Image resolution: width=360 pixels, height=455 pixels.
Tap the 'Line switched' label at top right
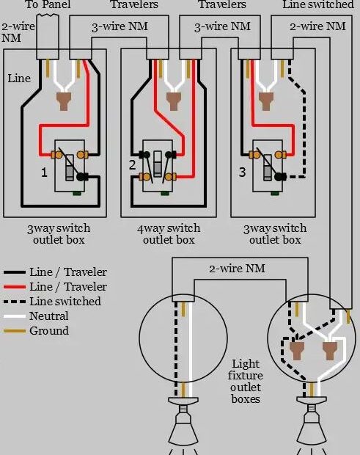pyautogui.click(x=317, y=5)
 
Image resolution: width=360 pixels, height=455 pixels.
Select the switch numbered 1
pyautogui.click(x=70, y=165)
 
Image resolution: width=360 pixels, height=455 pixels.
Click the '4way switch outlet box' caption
pyautogui.click(x=168, y=234)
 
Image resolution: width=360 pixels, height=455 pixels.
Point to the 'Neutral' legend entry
pyautogui.click(x=49, y=316)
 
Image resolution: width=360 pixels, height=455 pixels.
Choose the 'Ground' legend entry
pyautogui.click(x=49, y=331)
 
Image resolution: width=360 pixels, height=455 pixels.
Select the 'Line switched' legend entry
pyautogui.click(x=65, y=302)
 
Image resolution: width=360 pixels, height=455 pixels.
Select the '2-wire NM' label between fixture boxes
pyautogui.click(x=237, y=269)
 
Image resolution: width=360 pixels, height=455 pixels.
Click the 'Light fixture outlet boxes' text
pyautogui.click(x=245, y=382)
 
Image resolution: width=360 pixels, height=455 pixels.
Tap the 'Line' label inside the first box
pyautogui.click(x=20, y=78)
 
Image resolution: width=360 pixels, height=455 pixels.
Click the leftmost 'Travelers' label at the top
pyautogui.click(x=134, y=5)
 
